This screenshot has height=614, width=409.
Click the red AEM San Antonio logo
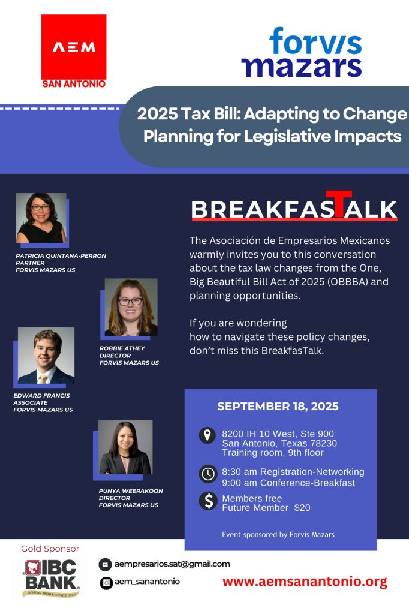(x=74, y=51)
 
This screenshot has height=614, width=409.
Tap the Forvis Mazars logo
(x=302, y=52)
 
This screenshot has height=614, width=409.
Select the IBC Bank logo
(x=51, y=579)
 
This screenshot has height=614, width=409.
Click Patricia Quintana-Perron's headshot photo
(x=41, y=218)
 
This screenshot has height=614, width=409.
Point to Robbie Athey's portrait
(x=131, y=307)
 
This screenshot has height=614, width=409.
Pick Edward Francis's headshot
(x=46, y=355)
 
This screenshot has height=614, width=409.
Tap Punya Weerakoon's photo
(x=125, y=447)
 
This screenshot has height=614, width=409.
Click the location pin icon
(x=207, y=435)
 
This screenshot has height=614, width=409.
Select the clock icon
(x=207, y=474)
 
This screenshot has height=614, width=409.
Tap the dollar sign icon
(x=208, y=501)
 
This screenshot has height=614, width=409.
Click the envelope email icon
(x=105, y=565)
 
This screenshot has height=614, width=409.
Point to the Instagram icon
(x=106, y=583)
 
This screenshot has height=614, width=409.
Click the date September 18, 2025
(x=278, y=406)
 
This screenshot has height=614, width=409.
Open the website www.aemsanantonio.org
(x=305, y=582)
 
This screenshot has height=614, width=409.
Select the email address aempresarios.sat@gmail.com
(x=172, y=564)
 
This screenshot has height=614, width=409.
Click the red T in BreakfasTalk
(x=339, y=204)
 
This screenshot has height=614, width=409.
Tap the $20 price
(x=302, y=508)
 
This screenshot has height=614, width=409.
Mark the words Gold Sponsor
(x=50, y=549)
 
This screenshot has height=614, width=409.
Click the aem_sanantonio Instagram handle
(x=148, y=582)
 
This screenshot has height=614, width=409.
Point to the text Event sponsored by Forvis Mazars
(x=278, y=534)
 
